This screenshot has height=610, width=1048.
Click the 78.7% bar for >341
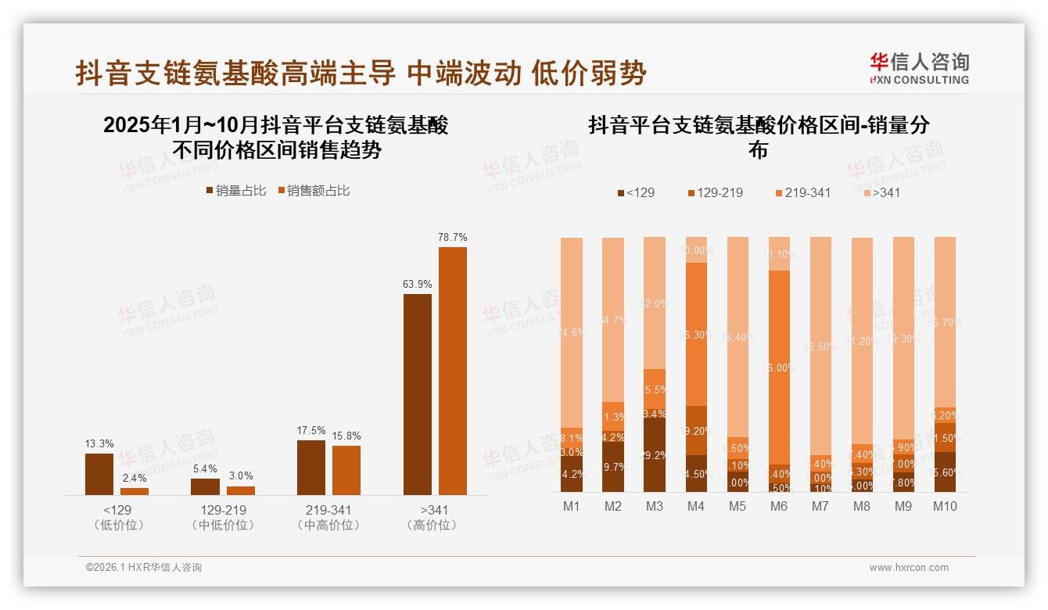point(452,371)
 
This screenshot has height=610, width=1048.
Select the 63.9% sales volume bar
point(417,394)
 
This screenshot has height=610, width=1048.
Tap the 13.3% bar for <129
point(99,474)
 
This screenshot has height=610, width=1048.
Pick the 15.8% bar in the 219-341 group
point(346,470)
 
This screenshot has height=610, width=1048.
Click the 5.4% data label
point(205,468)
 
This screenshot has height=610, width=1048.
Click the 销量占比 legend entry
point(235,191)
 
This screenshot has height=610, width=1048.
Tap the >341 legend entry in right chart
point(881,192)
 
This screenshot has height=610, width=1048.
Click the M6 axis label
point(779,506)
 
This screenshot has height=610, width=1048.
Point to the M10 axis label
point(945,506)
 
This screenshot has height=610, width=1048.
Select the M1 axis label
point(572,506)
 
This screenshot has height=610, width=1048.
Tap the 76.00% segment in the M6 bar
point(779,368)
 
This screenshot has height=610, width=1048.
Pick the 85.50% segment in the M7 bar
point(820,346)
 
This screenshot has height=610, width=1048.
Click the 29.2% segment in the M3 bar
point(655,455)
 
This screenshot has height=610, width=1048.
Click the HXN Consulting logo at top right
point(919,69)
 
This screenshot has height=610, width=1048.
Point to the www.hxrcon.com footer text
point(909,568)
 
